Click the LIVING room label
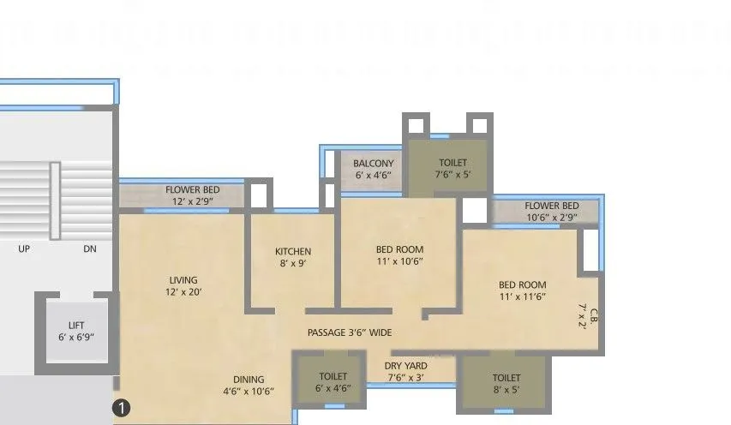tap(183, 280)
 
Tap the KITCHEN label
tap(292, 251)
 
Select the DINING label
tap(249, 380)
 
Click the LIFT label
tap(77, 325)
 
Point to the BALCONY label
tap(374, 164)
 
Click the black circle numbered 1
tap(123, 409)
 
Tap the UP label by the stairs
tap(24, 249)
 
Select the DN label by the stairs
tap(90, 249)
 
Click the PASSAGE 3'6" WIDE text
tap(350, 332)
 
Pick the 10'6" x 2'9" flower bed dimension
tap(551, 218)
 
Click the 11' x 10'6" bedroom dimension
tap(399, 261)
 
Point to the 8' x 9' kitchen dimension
tap(292, 263)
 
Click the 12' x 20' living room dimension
tap(183, 292)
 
